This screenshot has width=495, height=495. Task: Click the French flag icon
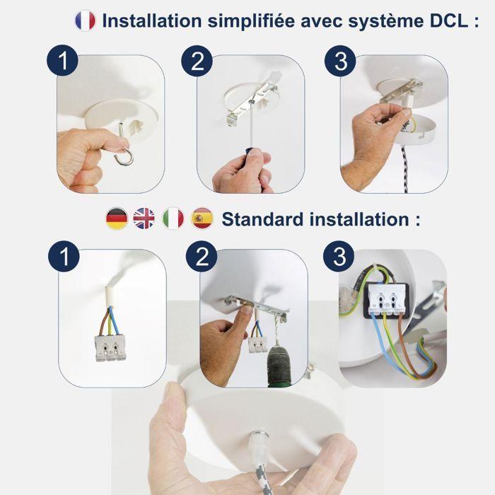click(85, 21)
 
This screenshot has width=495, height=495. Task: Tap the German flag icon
click(116, 219)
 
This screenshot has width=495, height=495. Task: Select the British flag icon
click(144, 219)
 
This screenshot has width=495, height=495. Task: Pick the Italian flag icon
click(173, 219)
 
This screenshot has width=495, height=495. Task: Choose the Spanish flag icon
click(202, 219)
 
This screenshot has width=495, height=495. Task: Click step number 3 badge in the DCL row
click(341, 62)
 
